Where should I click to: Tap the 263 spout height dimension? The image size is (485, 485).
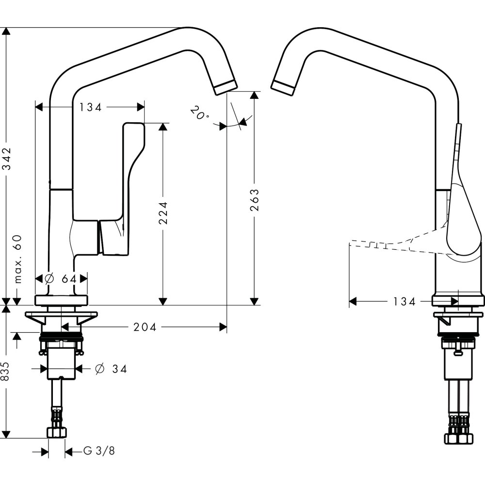point(254,198)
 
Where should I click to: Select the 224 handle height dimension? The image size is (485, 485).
point(163,213)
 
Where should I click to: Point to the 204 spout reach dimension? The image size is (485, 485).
point(145,327)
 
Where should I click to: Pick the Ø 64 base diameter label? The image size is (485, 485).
point(62,278)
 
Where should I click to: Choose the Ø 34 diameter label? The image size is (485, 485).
point(111,369)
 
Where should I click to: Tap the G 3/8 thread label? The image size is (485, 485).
point(99,452)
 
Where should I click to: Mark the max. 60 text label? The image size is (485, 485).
point(18,259)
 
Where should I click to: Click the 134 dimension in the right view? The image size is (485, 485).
point(404,302)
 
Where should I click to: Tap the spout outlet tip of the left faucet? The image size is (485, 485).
point(226,87)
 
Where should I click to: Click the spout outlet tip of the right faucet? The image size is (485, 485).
point(283,86)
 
